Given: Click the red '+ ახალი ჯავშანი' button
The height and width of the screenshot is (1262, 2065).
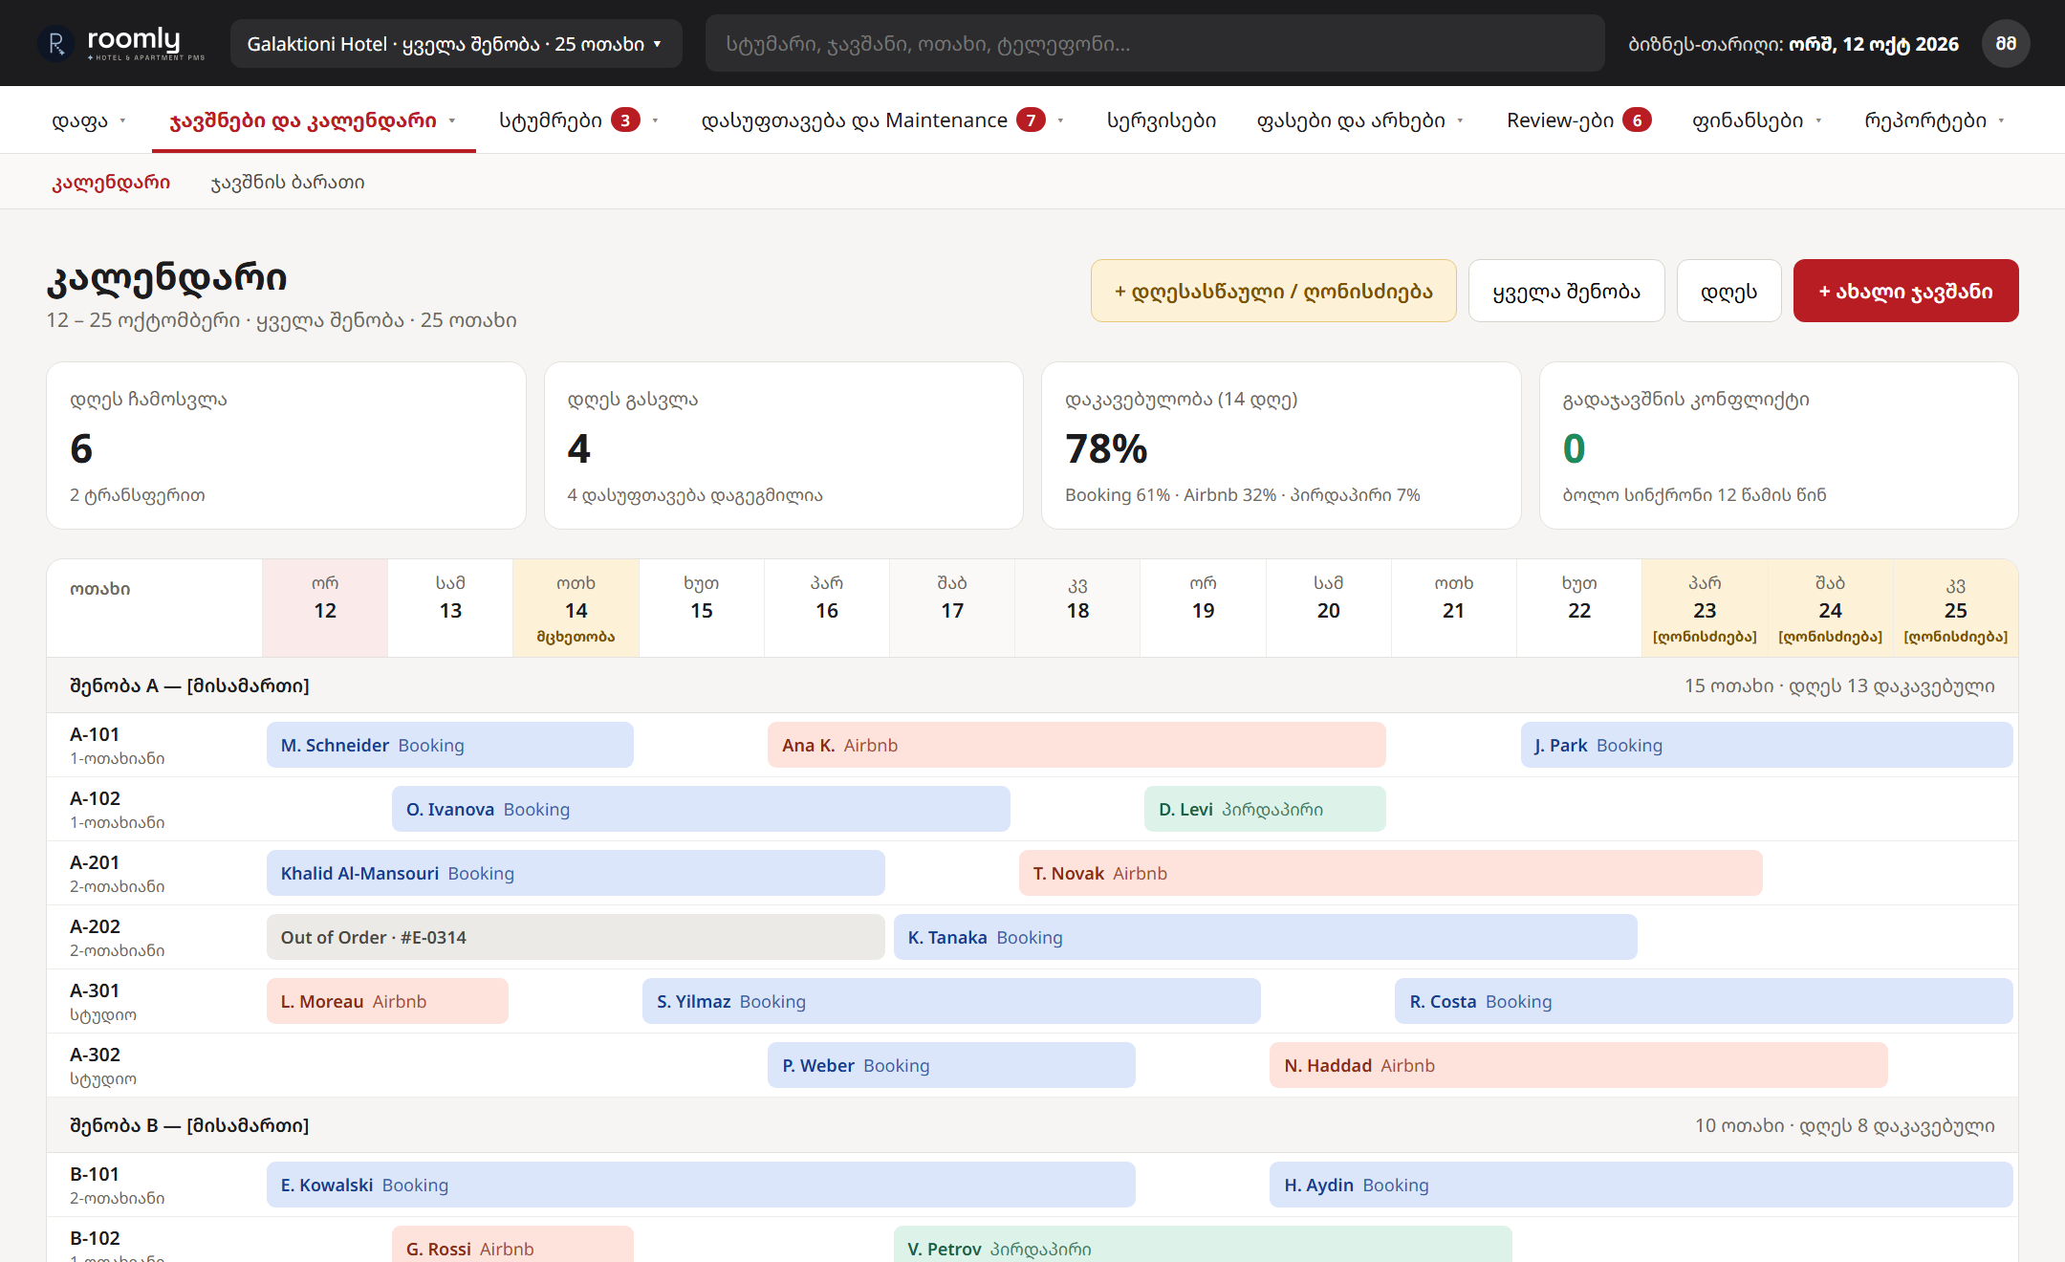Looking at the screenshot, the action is pyautogui.click(x=1905, y=291).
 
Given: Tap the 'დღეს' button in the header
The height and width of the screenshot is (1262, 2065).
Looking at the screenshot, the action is pyautogui.click(x=1728, y=291).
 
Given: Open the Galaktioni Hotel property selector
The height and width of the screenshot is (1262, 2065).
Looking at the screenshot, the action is pyautogui.click(x=455, y=44).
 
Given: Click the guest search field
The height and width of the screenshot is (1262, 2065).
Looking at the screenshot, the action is pyautogui.click(x=1154, y=44).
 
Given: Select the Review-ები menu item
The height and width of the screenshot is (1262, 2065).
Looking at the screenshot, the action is pyautogui.click(x=1578, y=120).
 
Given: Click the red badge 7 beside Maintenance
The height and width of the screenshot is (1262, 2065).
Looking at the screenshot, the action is pyautogui.click(x=1031, y=120).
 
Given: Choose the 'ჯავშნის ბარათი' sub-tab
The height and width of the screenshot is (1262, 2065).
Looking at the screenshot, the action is pyautogui.click(x=288, y=182).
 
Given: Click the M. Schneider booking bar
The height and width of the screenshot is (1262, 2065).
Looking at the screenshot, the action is pyautogui.click(x=450, y=745).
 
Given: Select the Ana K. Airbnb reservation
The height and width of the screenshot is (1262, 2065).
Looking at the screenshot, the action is pyautogui.click(x=1076, y=745).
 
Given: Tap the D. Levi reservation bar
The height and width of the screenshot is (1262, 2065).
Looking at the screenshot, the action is pyautogui.click(x=1265, y=809).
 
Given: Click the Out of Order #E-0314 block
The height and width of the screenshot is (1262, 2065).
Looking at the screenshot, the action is pyautogui.click(x=576, y=937).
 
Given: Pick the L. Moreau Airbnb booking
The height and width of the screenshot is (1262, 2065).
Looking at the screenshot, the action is pyautogui.click(x=387, y=1001).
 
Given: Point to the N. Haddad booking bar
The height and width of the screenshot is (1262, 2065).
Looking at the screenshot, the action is pyautogui.click(x=1578, y=1065).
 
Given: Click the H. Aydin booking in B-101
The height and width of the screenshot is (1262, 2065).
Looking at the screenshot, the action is pyautogui.click(x=1641, y=1185).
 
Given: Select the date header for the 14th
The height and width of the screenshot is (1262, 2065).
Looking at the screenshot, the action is pyautogui.click(x=576, y=608).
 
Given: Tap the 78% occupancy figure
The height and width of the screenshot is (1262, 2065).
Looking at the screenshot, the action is pyautogui.click(x=1106, y=448).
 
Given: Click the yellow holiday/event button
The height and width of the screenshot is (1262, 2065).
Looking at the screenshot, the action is pyautogui.click(x=1273, y=291).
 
